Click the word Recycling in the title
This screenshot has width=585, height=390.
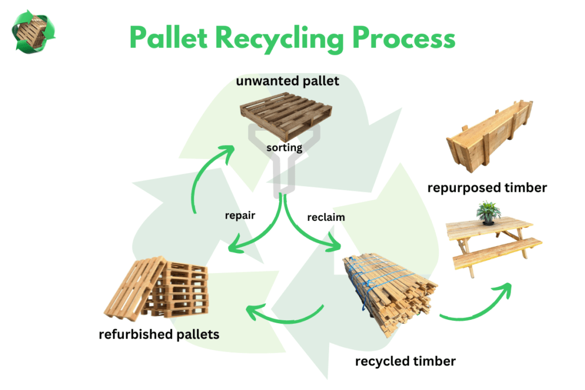click(x=279, y=39)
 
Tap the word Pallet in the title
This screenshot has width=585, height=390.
click(x=169, y=37)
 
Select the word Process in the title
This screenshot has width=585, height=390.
click(x=404, y=38)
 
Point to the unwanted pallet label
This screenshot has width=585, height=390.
click(x=287, y=81)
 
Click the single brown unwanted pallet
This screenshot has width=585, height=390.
click(x=286, y=115)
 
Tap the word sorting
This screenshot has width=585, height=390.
click(x=285, y=148)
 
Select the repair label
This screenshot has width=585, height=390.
click(x=240, y=215)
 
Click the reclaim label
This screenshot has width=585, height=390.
click(x=326, y=217)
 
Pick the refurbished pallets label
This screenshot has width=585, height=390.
click(x=159, y=335)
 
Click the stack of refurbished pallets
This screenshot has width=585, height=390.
click(x=157, y=288)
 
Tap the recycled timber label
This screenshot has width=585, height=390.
click(x=405, y=361)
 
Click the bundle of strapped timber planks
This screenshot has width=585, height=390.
click(x=390, y=293)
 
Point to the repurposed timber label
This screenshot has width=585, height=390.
click(x=487, y=187)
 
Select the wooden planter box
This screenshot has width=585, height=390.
click(x=490, y=136)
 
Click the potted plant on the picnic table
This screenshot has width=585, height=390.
click(x=488, y=213)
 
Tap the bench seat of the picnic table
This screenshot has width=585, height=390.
click(x=498, y=253)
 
